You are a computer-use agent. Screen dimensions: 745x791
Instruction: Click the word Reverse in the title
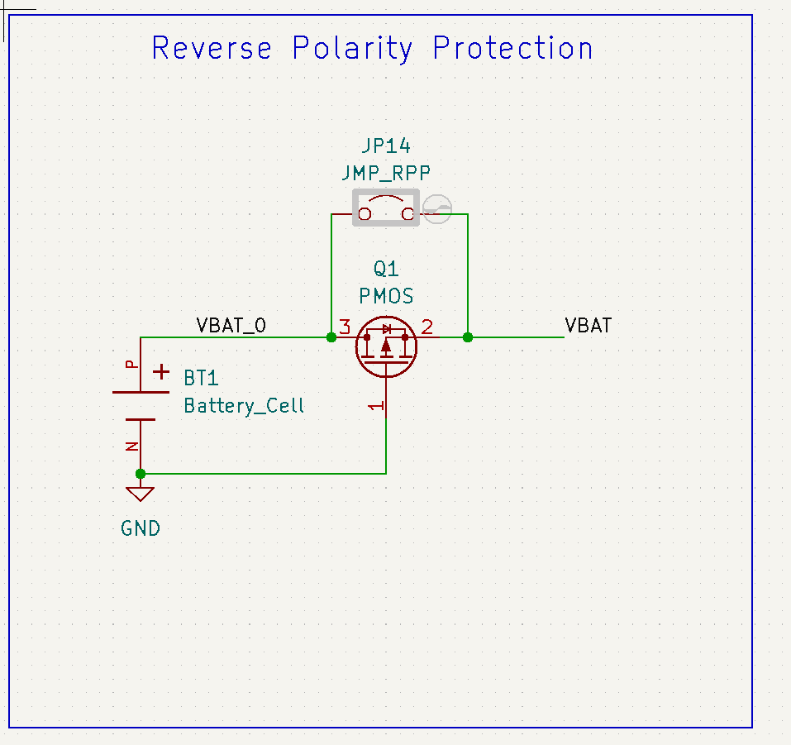212,48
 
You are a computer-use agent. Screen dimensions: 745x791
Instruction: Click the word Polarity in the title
353,49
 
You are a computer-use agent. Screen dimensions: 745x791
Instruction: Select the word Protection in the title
512,48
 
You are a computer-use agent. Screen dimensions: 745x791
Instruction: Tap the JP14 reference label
386,146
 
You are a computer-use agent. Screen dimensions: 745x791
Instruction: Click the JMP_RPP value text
386,173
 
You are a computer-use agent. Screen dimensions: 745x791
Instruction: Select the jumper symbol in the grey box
386,207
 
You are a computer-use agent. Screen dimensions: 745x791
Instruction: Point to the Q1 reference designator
386,269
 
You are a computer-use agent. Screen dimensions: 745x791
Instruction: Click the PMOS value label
386,295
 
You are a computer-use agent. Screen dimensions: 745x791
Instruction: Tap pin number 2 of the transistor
427,327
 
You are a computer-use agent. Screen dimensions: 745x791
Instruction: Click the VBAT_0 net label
231,325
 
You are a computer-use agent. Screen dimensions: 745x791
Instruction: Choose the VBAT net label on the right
588,325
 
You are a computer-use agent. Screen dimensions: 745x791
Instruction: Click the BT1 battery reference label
201,379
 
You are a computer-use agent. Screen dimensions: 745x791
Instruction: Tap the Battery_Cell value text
244,406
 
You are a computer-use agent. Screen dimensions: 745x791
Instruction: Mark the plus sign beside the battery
163,373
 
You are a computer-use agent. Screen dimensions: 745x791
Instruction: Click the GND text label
141,528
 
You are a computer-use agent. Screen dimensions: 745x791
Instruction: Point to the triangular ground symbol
141,494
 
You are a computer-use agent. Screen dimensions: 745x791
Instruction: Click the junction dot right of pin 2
468,337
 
